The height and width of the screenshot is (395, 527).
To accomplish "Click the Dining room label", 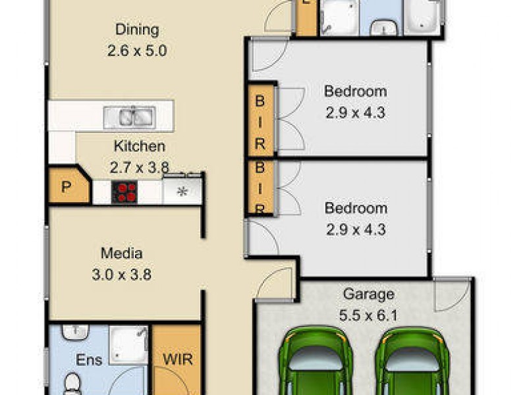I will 137,30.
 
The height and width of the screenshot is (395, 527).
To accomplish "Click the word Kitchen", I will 139,146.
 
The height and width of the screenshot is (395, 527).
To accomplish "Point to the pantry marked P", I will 66,188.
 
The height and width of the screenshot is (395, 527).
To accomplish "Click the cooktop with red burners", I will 126,192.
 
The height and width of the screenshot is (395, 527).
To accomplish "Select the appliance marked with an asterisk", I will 182,192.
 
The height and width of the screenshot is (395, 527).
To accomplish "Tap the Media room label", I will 122,253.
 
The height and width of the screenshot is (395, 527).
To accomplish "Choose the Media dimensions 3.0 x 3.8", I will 122,274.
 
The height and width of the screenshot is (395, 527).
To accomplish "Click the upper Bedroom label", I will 356,92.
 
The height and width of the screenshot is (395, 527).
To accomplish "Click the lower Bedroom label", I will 356,209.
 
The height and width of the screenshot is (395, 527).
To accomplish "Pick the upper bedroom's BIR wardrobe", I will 261,122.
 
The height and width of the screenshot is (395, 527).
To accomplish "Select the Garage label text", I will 369,294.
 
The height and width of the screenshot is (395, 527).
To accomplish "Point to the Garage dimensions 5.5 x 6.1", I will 369,315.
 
